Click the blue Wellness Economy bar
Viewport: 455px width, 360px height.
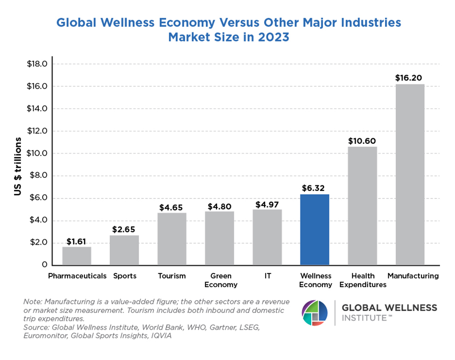[x=315, y=229]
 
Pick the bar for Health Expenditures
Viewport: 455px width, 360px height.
[x=363, y=205]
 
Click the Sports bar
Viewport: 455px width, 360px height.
[x=124, y=250]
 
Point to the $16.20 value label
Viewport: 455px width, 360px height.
[x=410, y=78]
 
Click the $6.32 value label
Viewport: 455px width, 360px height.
[x=315, y=188]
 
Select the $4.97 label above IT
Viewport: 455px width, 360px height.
[x=267, y=204]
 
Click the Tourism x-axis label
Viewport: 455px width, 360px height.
[x=172, y=276]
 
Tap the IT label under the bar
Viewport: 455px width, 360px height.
[x=267, y=276]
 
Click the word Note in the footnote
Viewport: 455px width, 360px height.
[x=32, y=302]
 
